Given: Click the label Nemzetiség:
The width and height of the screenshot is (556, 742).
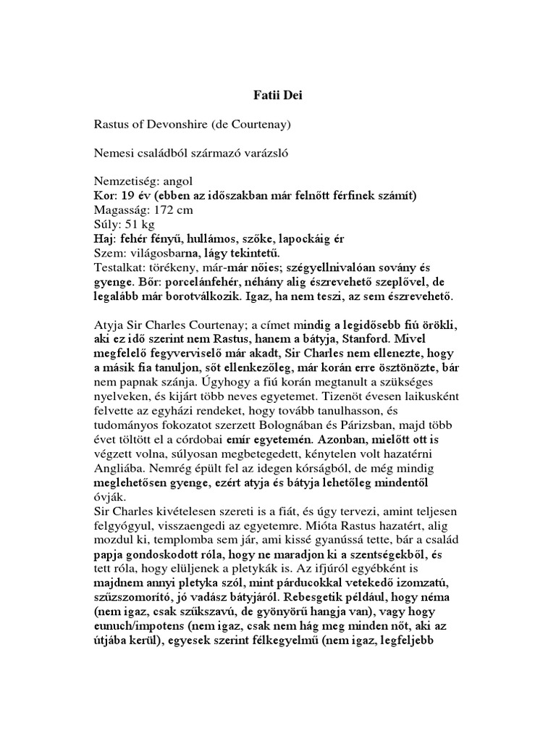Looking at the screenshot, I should coord(127,182).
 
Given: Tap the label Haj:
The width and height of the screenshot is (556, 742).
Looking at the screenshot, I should coord(106,238).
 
